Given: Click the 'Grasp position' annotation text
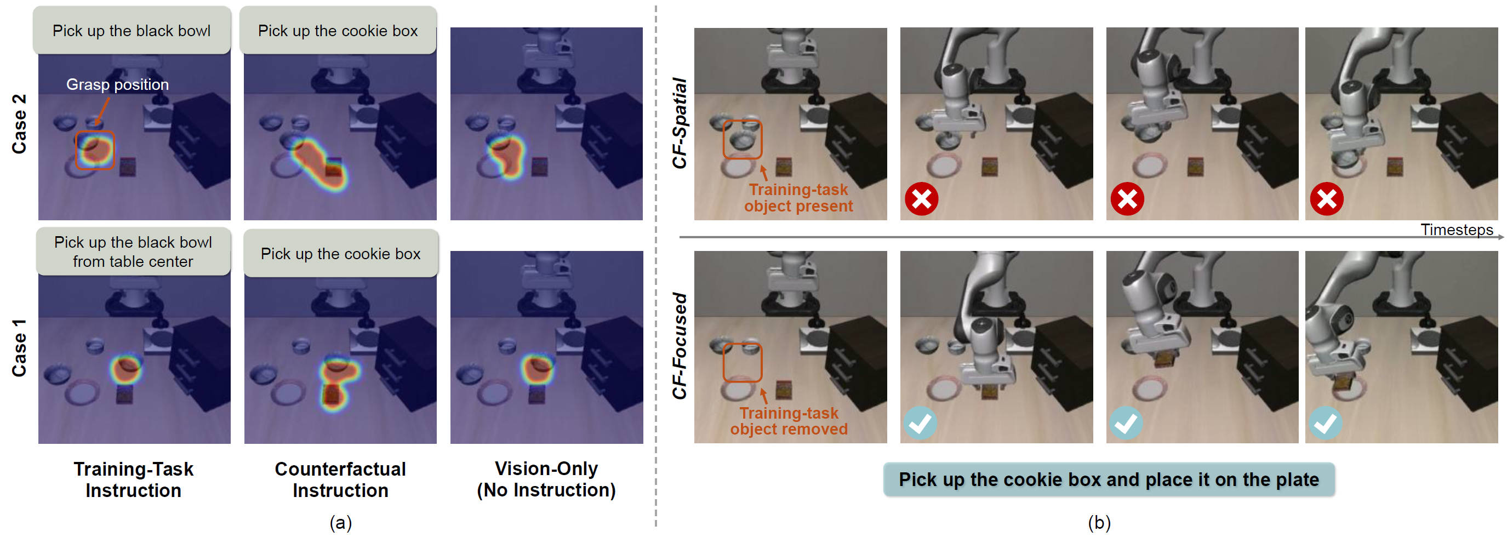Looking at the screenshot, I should tap(117, 84).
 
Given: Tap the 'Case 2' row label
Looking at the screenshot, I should tap(19, 123).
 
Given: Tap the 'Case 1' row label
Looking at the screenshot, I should tap(19, 347).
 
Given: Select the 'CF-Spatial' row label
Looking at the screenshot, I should tap(679, 123).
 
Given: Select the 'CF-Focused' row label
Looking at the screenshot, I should tap(679, 346).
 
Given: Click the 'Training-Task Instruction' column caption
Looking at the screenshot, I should tap(133, 479).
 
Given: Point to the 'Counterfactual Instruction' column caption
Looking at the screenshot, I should tap(340, 479).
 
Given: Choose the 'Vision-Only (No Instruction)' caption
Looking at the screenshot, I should tap(546, 479).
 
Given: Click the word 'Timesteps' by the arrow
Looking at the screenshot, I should tap(1457, 229).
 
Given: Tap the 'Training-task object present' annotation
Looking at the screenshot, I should tap(798, 198).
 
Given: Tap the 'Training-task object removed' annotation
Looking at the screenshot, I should tap(789, 421).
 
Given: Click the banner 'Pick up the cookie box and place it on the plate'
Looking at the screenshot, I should tap(1109, 479).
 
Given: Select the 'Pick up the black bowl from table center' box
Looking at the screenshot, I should tap(133, 252).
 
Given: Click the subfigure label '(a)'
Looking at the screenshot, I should tap(340, 522).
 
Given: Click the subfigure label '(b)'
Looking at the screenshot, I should tap(1099, 522).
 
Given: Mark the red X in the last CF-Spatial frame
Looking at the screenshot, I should tap(1326, 199).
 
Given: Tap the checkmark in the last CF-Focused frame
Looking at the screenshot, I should tap(1325, 422).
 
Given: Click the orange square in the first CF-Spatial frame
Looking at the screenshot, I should tap(742, 139).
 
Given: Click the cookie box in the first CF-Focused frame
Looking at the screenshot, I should tap(783, 389).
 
